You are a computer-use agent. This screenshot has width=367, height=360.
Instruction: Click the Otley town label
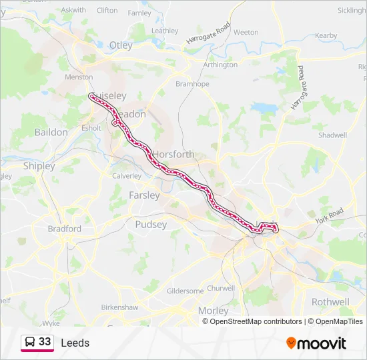click(121, 45)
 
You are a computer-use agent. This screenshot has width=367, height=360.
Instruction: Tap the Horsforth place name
click(173, 154)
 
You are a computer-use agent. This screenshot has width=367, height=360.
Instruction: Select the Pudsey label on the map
click(151, 225)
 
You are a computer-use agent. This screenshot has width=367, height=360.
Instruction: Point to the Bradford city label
click(65, 229)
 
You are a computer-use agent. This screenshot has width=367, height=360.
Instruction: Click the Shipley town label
click(39, 165)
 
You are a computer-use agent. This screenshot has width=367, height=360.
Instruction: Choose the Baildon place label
click(51, 132)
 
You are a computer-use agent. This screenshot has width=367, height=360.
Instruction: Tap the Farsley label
click(143, 195)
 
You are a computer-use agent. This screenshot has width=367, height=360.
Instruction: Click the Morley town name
click(213, 311)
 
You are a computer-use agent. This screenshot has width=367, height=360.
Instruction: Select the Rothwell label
click(330, 302)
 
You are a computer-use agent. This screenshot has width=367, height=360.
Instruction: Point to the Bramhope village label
click(192, 85)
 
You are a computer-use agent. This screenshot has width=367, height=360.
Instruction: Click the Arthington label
click(220, 65)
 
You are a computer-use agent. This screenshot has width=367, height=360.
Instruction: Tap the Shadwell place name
click(333, 135)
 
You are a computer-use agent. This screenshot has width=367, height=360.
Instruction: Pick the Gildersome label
click(185, 291)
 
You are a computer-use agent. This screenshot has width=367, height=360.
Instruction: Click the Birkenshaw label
click(119, 307)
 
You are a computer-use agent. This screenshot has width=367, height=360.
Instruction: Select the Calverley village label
click(127, 176)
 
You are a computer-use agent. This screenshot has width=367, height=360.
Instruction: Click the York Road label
click(329, 215)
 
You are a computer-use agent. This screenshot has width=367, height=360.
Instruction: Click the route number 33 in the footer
click(45, 342)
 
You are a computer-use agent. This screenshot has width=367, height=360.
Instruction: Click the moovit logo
click(316, 343)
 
